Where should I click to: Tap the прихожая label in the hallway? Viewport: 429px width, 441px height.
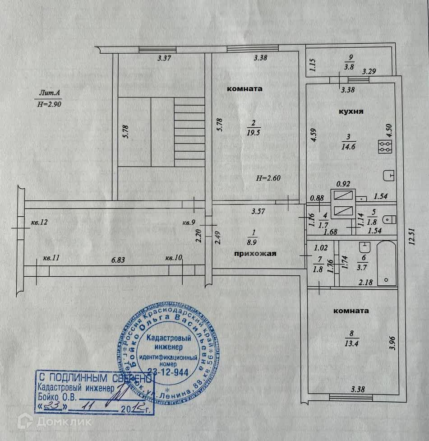click(254, 254)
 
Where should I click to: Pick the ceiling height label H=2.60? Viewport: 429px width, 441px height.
click(268, 178)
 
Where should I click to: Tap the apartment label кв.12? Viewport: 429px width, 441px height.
click(40, 223)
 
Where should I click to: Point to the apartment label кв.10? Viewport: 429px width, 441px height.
click(173, 258)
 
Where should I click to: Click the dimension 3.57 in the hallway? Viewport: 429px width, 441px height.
click(257, 210)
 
